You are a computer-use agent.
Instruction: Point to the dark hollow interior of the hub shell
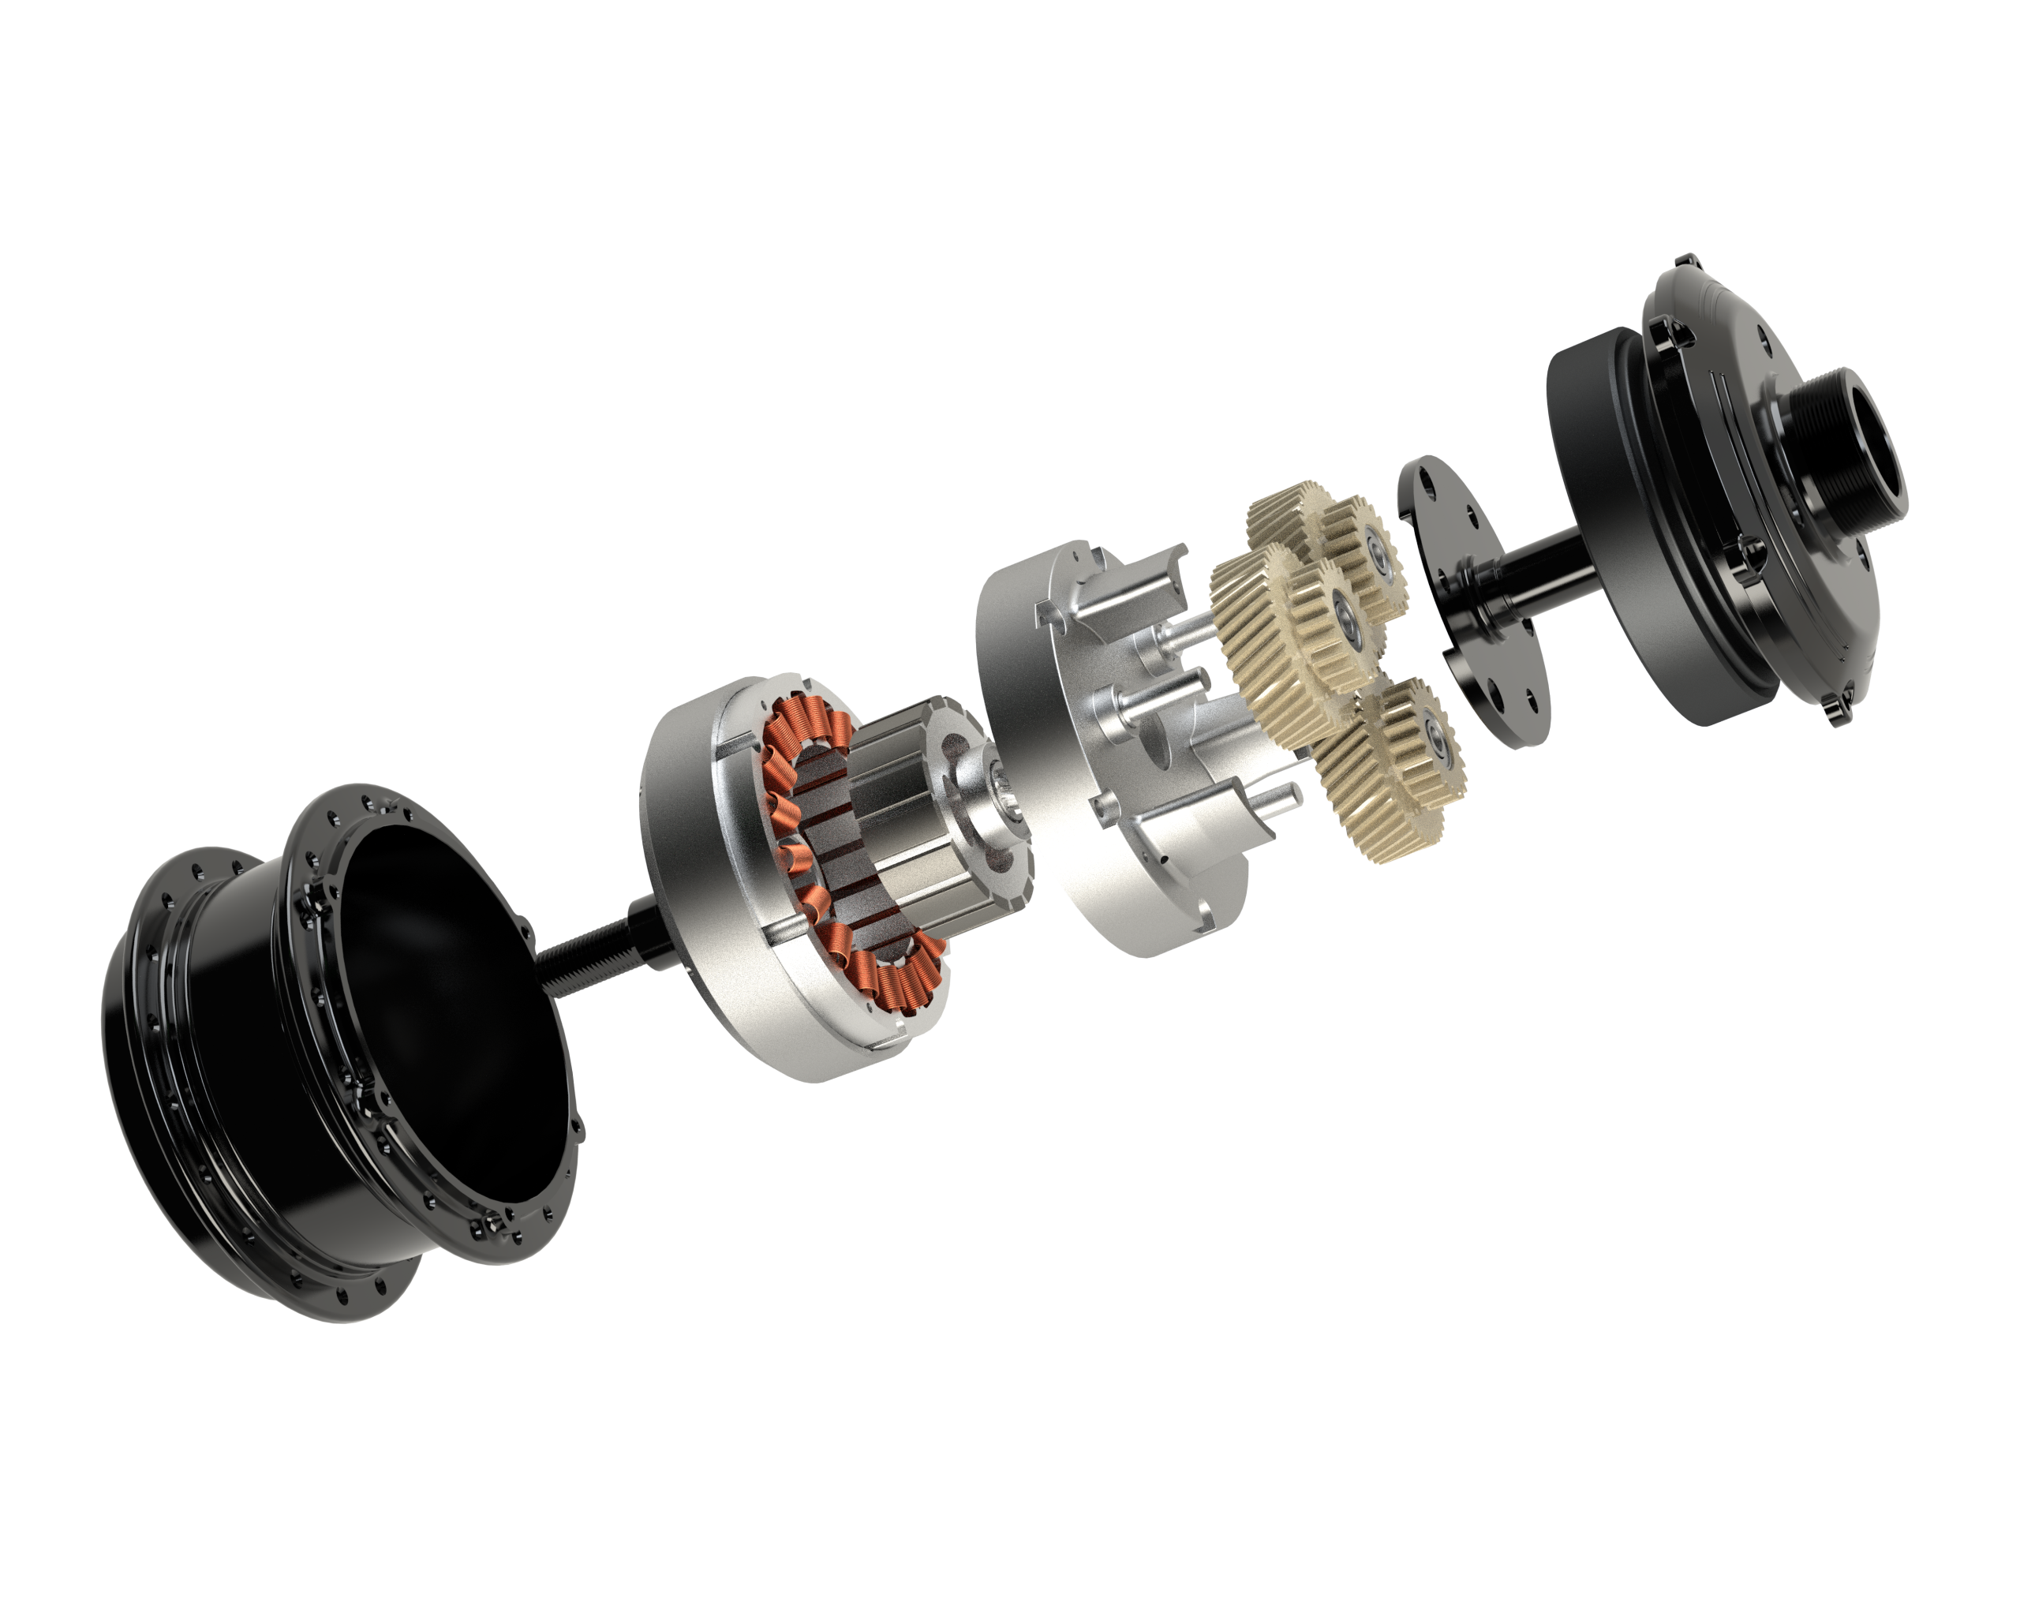[440, 974]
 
